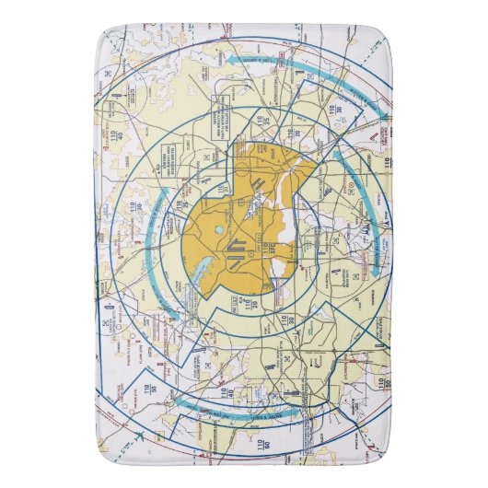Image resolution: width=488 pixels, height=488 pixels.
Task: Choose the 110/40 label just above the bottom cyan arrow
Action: (x=224, y=395)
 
